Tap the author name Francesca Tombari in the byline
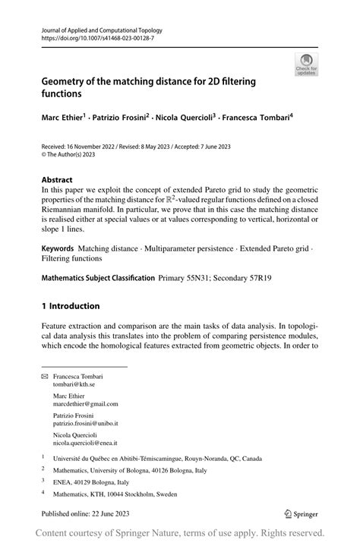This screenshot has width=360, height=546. pos(254,118)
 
